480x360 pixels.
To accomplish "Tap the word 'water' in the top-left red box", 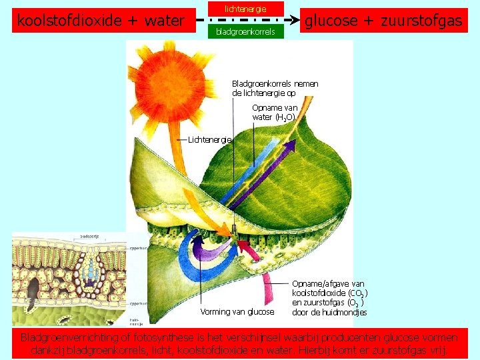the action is tap(163, 21).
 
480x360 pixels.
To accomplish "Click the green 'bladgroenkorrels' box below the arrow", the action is tap(245, 31).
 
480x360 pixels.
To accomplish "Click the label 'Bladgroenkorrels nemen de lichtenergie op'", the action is tap(275, 89).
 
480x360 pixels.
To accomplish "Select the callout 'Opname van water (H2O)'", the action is tap(275, 112).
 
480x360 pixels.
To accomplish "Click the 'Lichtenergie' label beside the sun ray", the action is tap(210, 139).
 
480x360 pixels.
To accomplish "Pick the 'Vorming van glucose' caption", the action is tap(237, 311).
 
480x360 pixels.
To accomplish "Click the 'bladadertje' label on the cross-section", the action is tap(90, 236).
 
